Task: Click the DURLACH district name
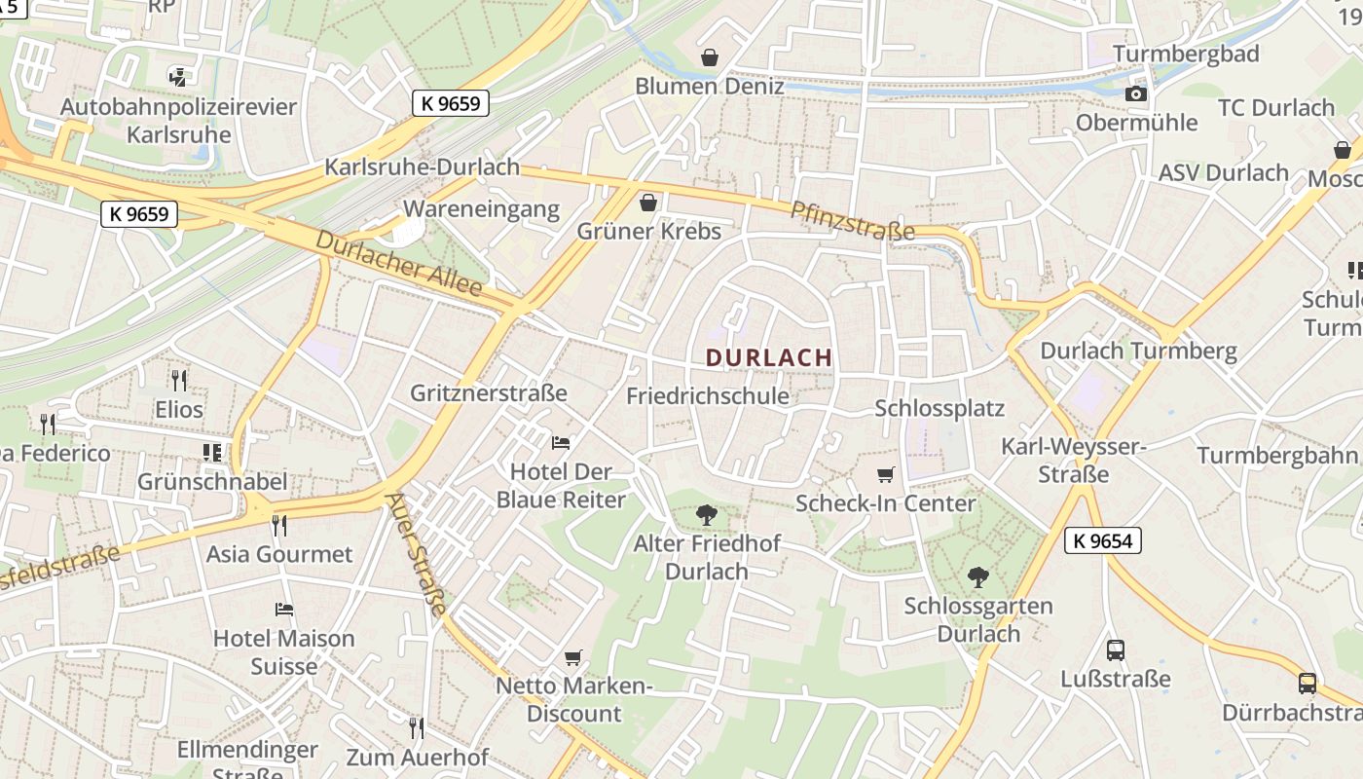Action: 769,357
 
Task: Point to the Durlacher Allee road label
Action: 399,263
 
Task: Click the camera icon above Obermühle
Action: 1136,93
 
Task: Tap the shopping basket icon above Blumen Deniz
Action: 710,57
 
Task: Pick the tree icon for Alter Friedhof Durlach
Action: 707,515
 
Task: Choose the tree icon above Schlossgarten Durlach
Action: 978,577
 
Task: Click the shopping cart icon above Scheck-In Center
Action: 885,475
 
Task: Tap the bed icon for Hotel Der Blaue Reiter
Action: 561,443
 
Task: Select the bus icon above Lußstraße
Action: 1116,650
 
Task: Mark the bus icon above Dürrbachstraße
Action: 1308,684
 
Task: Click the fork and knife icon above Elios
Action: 178,380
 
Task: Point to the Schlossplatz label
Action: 939,408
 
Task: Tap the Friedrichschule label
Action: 708,396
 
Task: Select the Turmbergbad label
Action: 1186,54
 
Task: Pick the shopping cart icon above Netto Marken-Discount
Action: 573,658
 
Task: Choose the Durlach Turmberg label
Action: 1138,351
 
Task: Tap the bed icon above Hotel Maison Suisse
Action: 284,610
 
